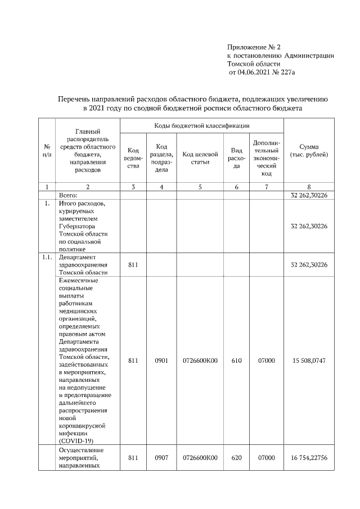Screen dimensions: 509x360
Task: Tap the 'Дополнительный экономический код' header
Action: [x=267, y=158]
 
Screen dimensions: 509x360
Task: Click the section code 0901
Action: [x=161, y=360]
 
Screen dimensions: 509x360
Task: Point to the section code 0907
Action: [x=161, y=458]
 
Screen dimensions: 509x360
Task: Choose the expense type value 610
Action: [x=237, y=360]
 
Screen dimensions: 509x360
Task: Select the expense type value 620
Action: [x=237, y=458]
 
